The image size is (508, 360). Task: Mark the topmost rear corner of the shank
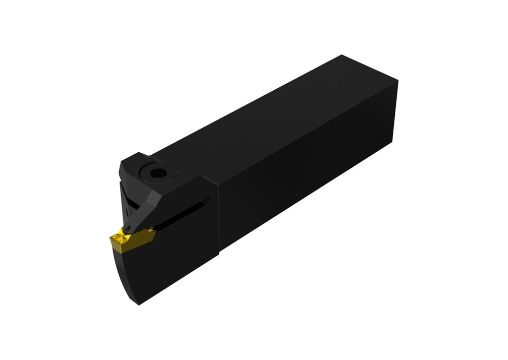(x=342, y=55)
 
